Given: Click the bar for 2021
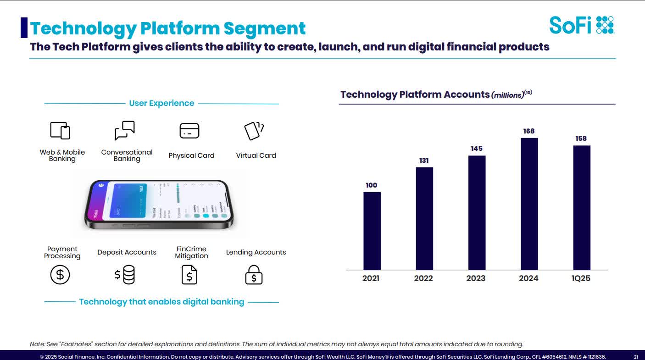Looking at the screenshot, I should [x=372, y=231].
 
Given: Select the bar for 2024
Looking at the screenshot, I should [x=529, y=204].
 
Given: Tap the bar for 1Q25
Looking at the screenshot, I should [x=581, y=207].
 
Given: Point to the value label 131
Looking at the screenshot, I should [x=423, y=161].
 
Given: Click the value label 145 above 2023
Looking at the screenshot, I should [x=476, y=149].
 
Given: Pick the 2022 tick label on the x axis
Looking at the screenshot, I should [x=423, y=278].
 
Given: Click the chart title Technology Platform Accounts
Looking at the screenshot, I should [x=415, y=94].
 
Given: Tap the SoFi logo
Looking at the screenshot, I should [x=581, y=25].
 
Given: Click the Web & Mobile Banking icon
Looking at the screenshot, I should [x=60, y=131].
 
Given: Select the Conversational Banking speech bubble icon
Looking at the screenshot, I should [x=125, y=130].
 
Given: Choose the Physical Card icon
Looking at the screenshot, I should [x=189, y=131].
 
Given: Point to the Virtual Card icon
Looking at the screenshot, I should [x=254, y=131].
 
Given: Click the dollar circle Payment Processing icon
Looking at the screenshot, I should [x=60, y=275].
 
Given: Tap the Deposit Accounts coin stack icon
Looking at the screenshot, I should [x=125, y=275].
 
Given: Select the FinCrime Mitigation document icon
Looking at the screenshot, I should [x=189, y=275].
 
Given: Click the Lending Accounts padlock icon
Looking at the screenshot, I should [x=254, y=275].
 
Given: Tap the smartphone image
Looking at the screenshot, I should [x=159, y=205].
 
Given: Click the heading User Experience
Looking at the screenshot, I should [x=161, y=103].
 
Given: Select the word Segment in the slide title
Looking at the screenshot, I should [x=264, y=28].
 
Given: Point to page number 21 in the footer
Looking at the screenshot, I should [x=636, y=356].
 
